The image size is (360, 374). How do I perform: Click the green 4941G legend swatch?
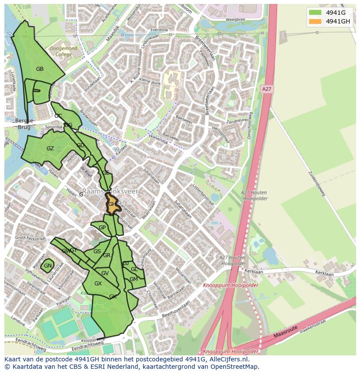click(315, 13)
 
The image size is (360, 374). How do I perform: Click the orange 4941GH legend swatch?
click(315, 21)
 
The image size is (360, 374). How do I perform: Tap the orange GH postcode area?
click(112, 204)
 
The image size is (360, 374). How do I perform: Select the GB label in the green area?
click(40, 69)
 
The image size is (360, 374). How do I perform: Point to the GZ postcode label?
click(50, 149)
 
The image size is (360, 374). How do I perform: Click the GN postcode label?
click(47, 266)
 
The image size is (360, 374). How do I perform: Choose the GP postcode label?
click(102, 228)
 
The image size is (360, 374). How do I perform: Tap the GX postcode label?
click(98, 284)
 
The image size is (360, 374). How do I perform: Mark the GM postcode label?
click(133, 279)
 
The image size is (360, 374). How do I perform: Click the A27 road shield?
click(267, 89)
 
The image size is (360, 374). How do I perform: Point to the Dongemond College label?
click(63, 52)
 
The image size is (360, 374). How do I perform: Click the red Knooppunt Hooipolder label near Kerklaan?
click(230, 285)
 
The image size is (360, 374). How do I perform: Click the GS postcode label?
click(97, 252)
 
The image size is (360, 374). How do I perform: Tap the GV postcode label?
click(105, 273)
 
